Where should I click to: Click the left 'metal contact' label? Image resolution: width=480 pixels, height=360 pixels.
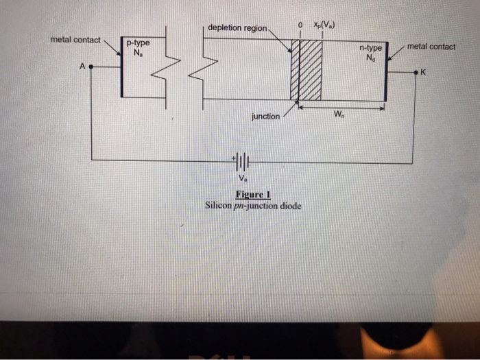tap(75, 40)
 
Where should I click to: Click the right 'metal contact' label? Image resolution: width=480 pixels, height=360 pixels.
tap(431, 47)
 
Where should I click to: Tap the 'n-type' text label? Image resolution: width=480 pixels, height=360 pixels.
tap(371, 49)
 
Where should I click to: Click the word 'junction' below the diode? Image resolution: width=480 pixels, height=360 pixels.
tap(265, 117)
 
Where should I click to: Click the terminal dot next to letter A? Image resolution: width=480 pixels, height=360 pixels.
tap(92, 67)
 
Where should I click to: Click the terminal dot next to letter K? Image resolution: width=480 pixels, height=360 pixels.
tap(413, 71)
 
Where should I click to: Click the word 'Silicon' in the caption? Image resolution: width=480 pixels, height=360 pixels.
tap(219, 205)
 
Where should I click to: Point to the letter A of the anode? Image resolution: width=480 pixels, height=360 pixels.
tap(82, 67)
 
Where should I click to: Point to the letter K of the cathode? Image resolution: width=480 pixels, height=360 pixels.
tap(424, 71)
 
